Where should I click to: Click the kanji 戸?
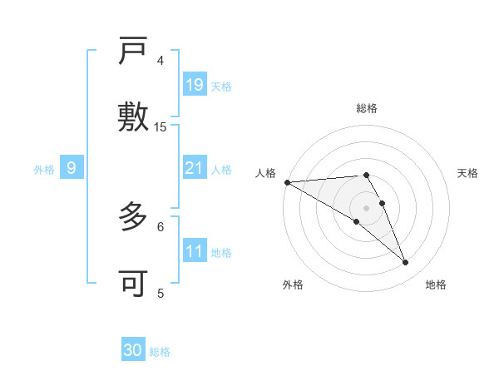click(134, 53)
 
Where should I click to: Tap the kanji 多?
click(134, 219)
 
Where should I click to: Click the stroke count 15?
click(161, 127)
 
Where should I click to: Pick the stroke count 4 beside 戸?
click(161, 61)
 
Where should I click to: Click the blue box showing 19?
click(194, 84)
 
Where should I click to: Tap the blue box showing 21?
click(194, 168)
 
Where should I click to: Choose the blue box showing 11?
click(194, 251)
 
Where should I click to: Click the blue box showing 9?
click(72, 169)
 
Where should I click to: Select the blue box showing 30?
click(133, 350)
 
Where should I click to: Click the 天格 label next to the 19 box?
click(221, 86)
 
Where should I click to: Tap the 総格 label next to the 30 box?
click(160, 352)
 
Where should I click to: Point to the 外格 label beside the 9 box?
click(44, 170)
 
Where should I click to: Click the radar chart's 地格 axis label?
click(436, 285)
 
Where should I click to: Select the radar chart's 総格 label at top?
click(367, 108)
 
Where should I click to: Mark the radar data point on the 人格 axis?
click(287, 182)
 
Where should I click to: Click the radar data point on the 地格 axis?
click(405, 263)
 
